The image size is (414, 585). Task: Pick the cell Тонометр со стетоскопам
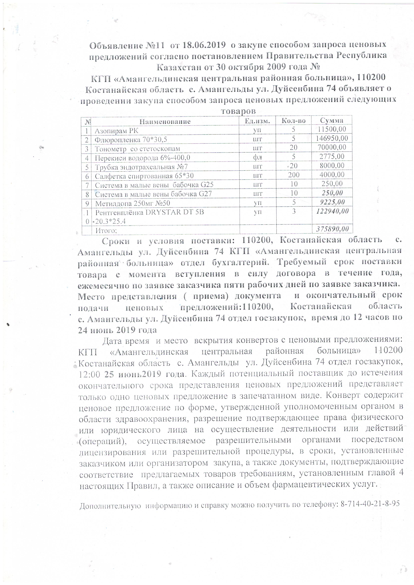[x=138, y=149]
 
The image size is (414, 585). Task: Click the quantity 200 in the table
[x=294, y=175]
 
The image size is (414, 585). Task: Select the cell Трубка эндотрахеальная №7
[x=138, y=167]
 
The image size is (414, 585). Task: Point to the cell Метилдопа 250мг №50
[x=132, y=203]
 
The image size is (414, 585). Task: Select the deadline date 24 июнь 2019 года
[x=117, y=330]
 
